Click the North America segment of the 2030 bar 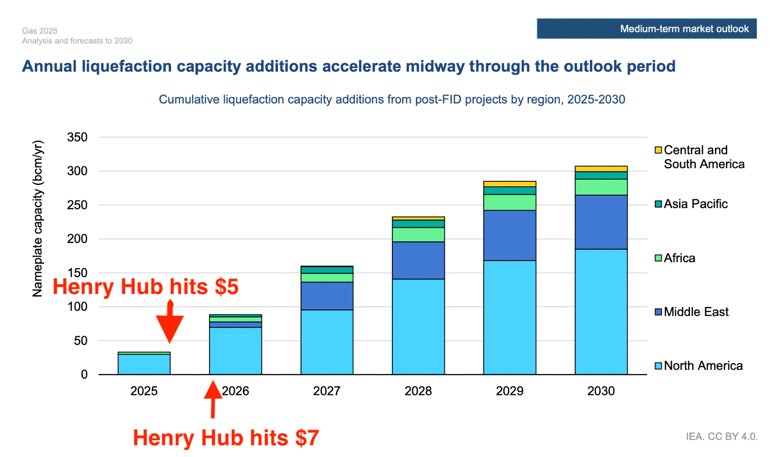point(601,312)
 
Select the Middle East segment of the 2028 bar point(418,260)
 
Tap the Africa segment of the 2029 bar point(510,202)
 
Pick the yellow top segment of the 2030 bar point(601,169)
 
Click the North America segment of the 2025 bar point(144,364)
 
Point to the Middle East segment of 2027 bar point(327,296)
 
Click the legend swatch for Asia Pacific point(658,204)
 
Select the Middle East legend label point(696,312)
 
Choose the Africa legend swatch point(658,258)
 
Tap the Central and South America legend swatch point(658,150)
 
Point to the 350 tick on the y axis point(77,137)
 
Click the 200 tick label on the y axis point(77,239)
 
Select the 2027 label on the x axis point(327,391)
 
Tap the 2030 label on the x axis point(601,391)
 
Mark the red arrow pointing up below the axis point(213,398)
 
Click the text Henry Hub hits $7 point(226,438)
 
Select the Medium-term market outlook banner point(646,29)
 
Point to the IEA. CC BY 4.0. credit point(722,437)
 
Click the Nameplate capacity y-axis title point(38,219)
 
